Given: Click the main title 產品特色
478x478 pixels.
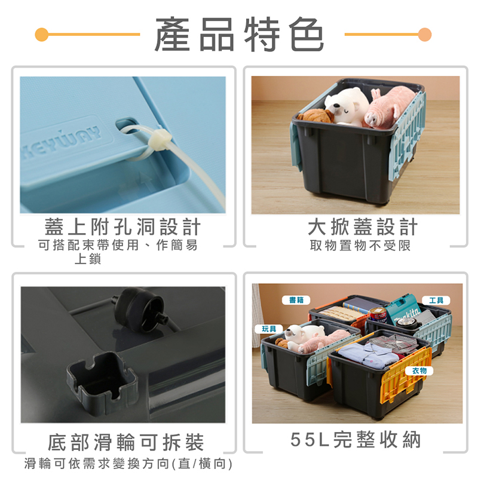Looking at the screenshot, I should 239,35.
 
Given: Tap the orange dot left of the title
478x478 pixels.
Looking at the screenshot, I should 41,34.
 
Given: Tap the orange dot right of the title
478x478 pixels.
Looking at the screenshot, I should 425,34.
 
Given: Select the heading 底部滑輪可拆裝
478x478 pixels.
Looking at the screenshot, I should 126,443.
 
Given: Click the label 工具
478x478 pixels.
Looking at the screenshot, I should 436,300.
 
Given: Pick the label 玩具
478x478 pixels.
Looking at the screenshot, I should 268,329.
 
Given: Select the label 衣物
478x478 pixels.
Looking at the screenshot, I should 419,372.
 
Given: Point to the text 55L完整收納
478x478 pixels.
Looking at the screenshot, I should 356,440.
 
